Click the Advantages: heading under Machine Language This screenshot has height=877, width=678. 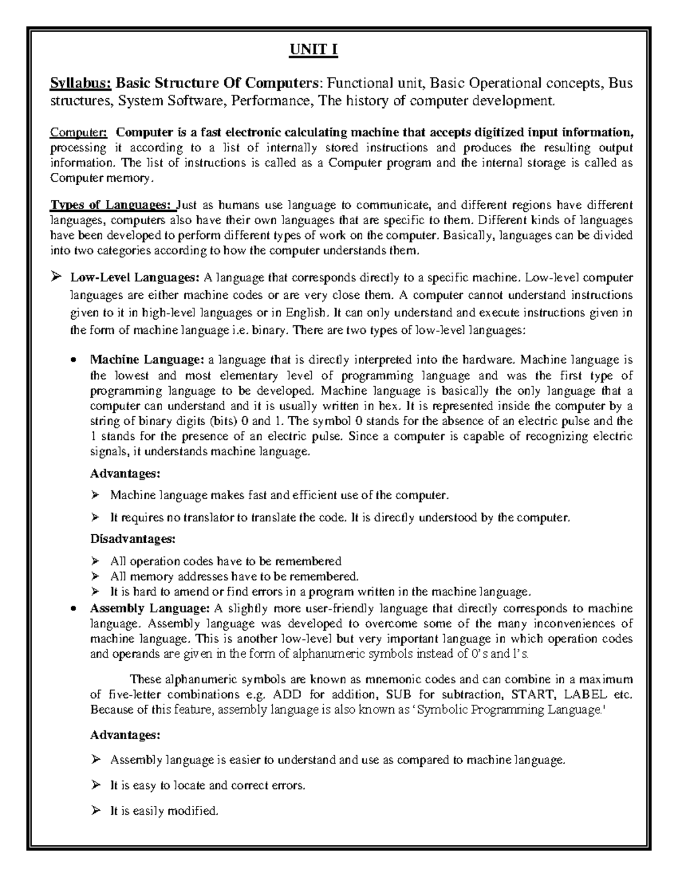pyautogui.click(x=125, y=472)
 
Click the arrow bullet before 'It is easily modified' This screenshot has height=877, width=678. pyautogui.click(x=95, y=811)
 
